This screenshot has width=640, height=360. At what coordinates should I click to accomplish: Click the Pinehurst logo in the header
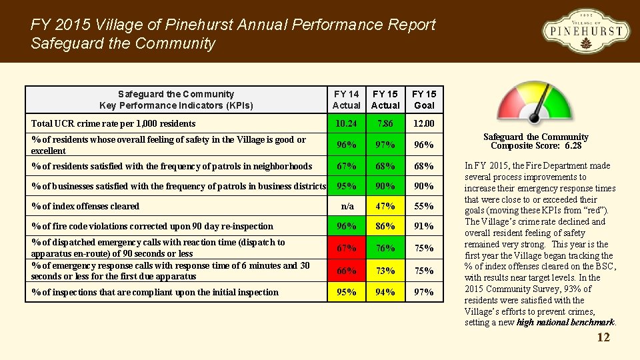(x=585, y=31)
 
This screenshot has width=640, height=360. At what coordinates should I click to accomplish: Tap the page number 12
(x=603, y=337)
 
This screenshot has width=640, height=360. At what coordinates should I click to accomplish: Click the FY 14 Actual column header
(x=346, y=99)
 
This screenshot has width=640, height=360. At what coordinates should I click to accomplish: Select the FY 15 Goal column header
(x=423, y=99)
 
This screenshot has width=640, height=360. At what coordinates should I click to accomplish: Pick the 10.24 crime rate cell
(x=346, y=123)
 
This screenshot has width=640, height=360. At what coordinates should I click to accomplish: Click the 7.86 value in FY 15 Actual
(x=385, y=123)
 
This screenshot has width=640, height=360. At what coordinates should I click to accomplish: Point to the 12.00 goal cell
(x=423, y=123)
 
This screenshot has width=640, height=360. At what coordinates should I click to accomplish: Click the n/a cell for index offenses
(x=346, y=206)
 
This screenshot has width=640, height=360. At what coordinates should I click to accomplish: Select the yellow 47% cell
(x=385, y=206)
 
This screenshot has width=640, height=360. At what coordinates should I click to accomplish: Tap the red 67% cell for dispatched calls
(x=346, y=248)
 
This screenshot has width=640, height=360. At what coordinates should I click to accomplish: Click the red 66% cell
(x=346, y=271)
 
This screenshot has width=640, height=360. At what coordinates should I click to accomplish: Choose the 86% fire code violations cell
(x=385, y=226)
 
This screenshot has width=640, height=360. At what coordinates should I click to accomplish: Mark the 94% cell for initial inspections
(x=385, y=292)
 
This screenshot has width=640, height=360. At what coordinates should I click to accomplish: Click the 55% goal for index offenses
(x=423, y=206)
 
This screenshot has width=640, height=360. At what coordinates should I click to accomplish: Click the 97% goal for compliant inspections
(x=423, y=292)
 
